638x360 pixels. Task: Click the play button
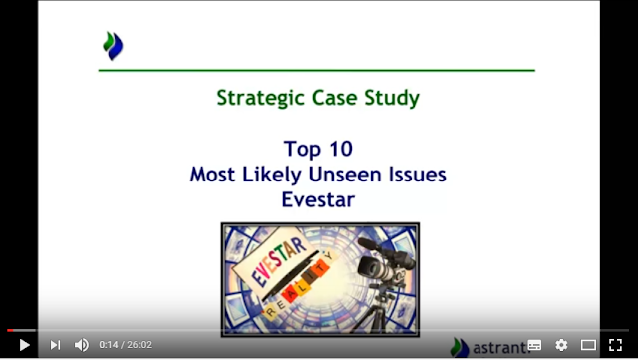24,345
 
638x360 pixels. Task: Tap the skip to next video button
55,345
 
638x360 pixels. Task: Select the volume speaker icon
82,345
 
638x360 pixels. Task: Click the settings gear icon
561,345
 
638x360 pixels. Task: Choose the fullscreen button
615,345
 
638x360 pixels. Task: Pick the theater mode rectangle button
588,345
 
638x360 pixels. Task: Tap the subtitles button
534,345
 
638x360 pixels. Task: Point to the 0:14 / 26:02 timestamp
125,345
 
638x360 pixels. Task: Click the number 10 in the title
341,149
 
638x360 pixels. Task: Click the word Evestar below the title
318,200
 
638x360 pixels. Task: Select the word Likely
272,176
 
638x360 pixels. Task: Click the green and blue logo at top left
113,46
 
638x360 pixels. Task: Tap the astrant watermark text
498,348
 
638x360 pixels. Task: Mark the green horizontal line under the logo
317,71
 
